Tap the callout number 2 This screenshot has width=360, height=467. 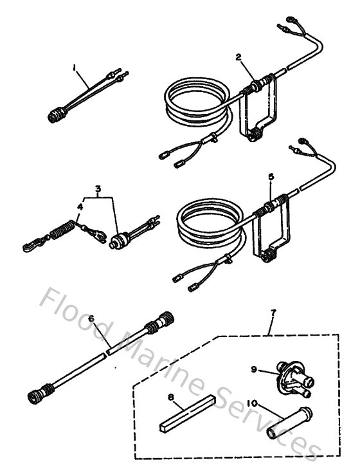(238, 57)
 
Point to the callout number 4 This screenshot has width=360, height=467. (80, 207)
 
